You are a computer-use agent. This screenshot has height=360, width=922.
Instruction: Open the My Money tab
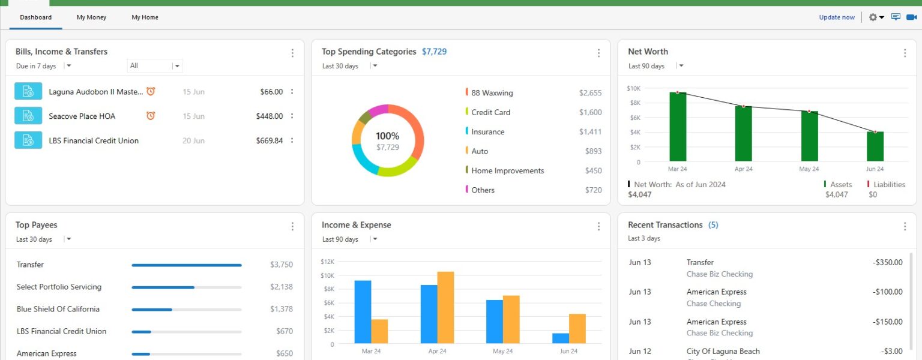[x=91, y=17]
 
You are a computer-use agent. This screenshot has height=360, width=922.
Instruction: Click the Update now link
[x=837, y=17]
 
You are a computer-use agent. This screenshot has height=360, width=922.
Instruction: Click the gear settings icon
[x=873, y=17]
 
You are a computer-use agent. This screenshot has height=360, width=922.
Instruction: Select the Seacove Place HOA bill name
[x=82, y=116]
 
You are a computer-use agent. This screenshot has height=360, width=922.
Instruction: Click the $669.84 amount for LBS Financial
[x=269, y=141]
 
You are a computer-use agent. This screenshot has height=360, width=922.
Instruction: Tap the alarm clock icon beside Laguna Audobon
[x=151, y=91]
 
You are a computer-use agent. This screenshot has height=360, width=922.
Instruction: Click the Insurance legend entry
[x=487, y=132]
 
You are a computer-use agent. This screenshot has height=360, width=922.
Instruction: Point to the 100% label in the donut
[x=387, y=136]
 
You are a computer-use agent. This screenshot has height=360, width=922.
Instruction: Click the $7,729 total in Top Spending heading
[x=434, y=52]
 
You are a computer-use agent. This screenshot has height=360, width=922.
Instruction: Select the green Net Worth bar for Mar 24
[x=678, y=127]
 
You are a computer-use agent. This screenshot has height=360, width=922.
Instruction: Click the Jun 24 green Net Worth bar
[x=875, y=146]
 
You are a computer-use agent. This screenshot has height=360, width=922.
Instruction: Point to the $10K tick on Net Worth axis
[x=634, y=88]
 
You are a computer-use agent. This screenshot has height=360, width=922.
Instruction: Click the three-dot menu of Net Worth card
[x=905, y=53]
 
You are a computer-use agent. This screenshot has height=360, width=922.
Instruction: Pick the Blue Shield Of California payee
[x=58, y=309]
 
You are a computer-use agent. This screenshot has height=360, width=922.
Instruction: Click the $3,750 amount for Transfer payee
[x=282, y=265]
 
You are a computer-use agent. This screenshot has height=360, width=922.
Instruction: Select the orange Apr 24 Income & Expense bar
[x=445, y=308]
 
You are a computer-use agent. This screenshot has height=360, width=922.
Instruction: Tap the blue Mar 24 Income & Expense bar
[x=363, y=312]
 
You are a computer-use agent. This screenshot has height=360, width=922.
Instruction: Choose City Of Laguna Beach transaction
[x=723, y=352]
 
